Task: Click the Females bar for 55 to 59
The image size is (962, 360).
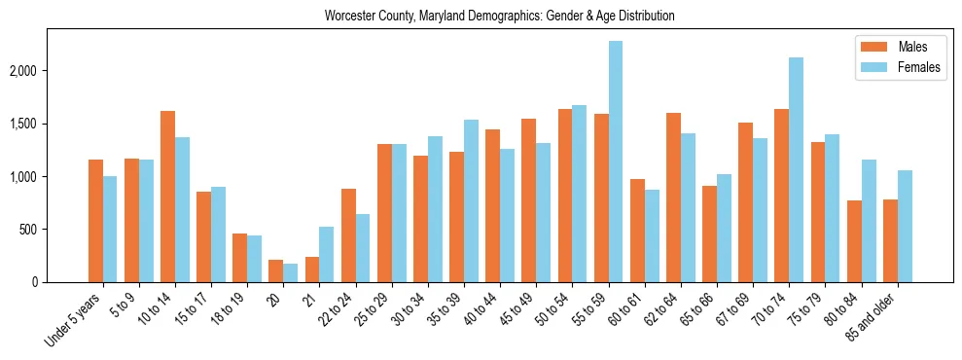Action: tap(616, 162)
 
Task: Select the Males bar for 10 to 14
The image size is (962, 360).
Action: tap(167, 197)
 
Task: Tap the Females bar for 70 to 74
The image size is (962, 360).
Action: tap(796, 170)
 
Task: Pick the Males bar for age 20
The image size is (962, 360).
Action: tap(276, 270)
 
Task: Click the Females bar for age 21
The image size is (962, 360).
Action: tap(327, 254)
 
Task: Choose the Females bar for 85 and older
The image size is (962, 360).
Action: tap(905, 226)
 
